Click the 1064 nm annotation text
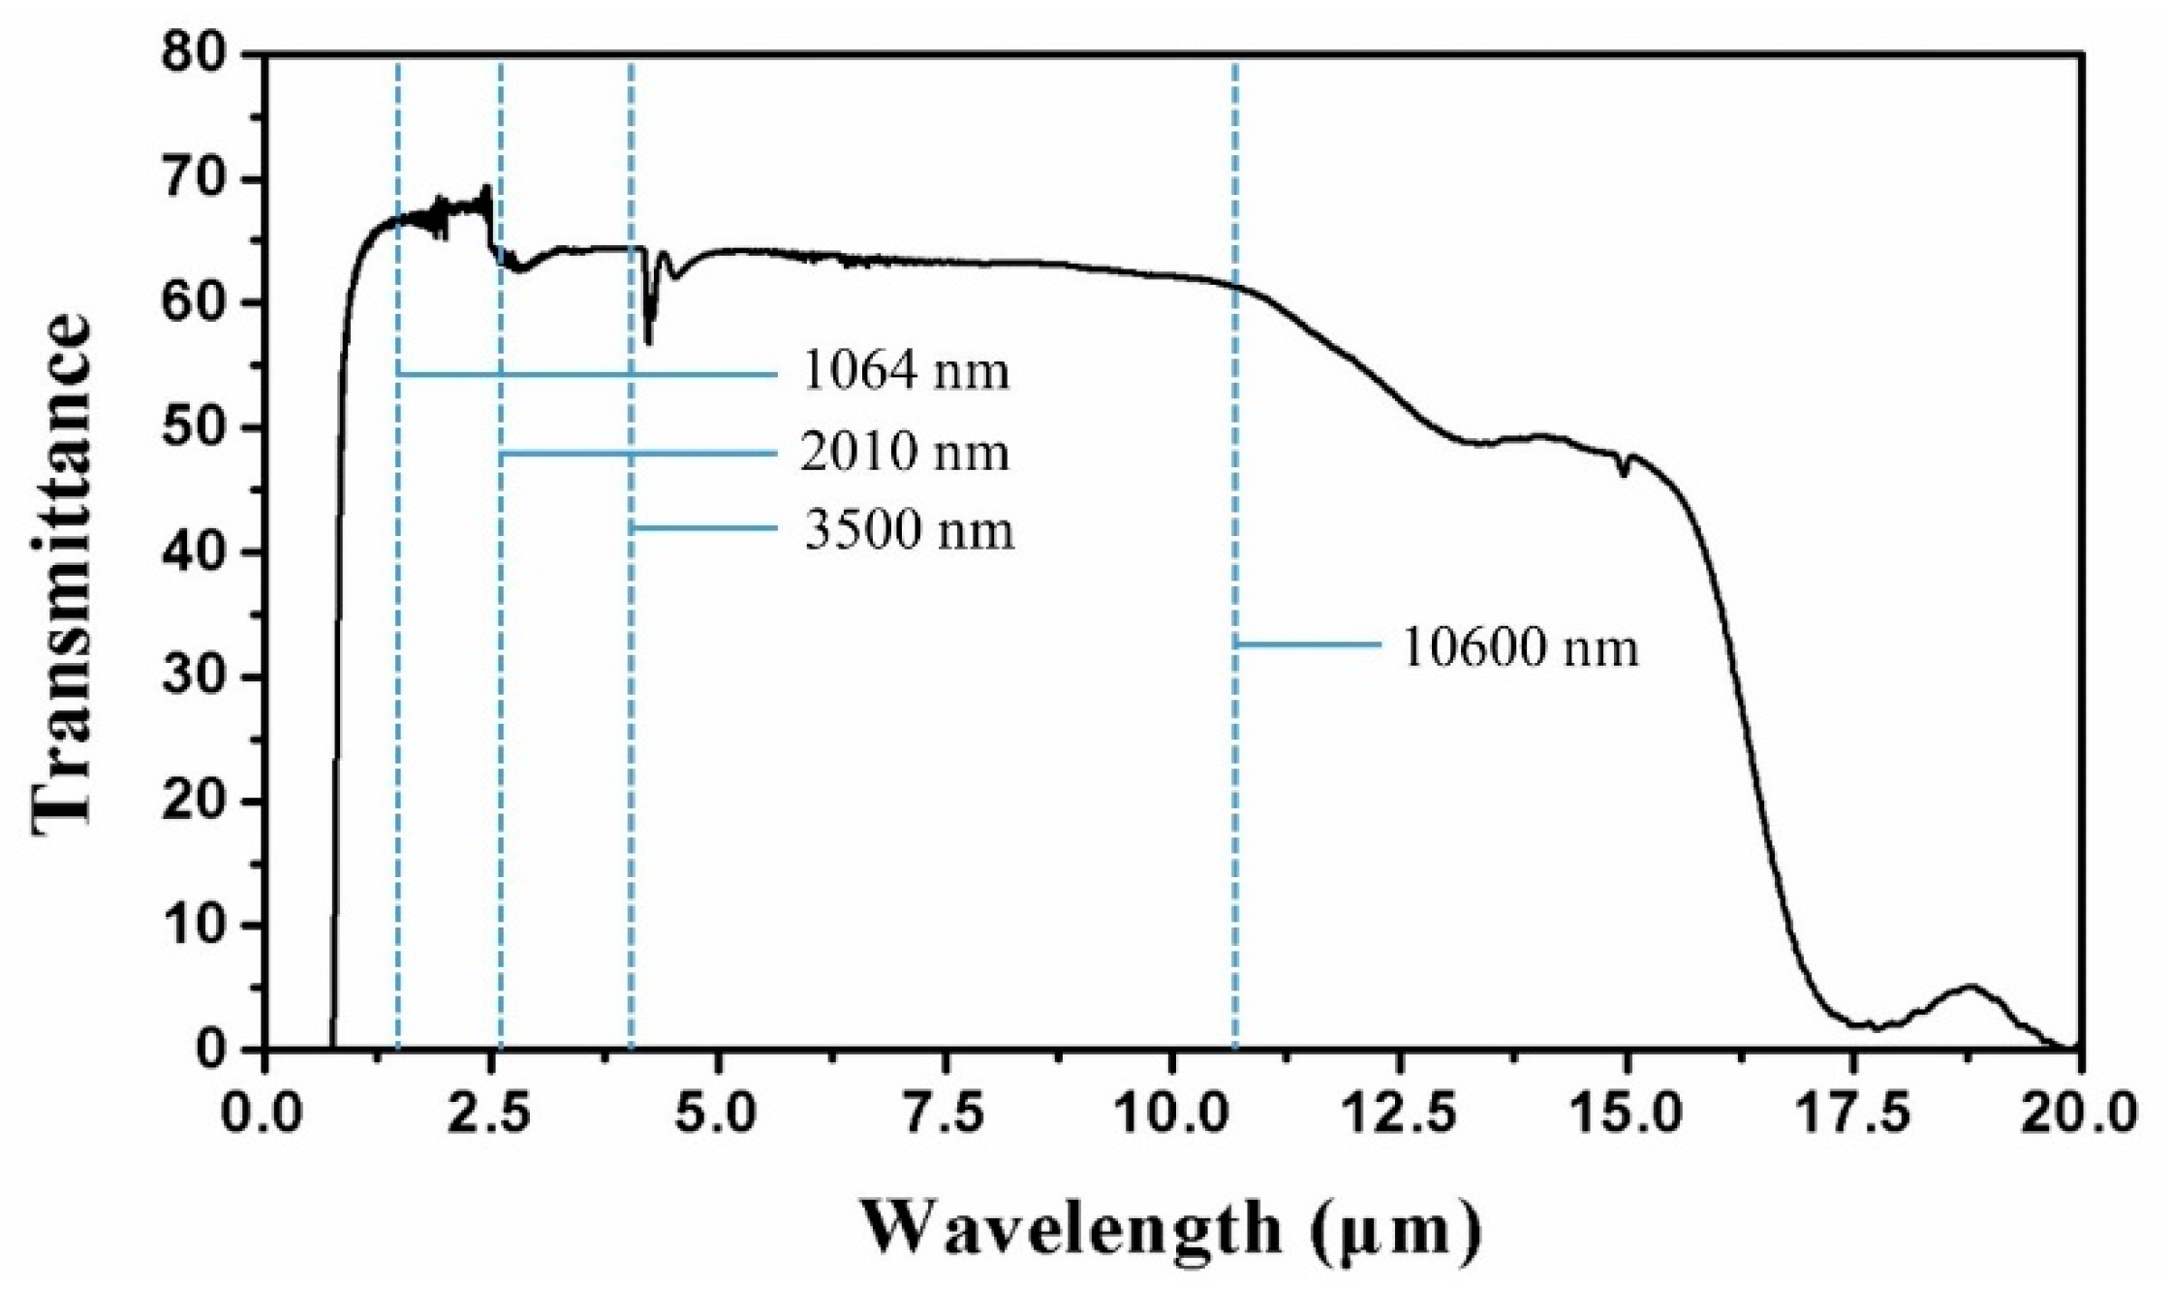click(905, 372)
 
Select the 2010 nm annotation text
click(905, 453)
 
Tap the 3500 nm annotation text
click(909, 530)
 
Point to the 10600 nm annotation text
click(1520, 646)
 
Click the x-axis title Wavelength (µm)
click(1171, 1228)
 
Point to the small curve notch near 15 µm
click(1624, 473)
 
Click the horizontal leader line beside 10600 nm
click(1308, 644)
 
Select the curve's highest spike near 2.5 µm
click(486, 188)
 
